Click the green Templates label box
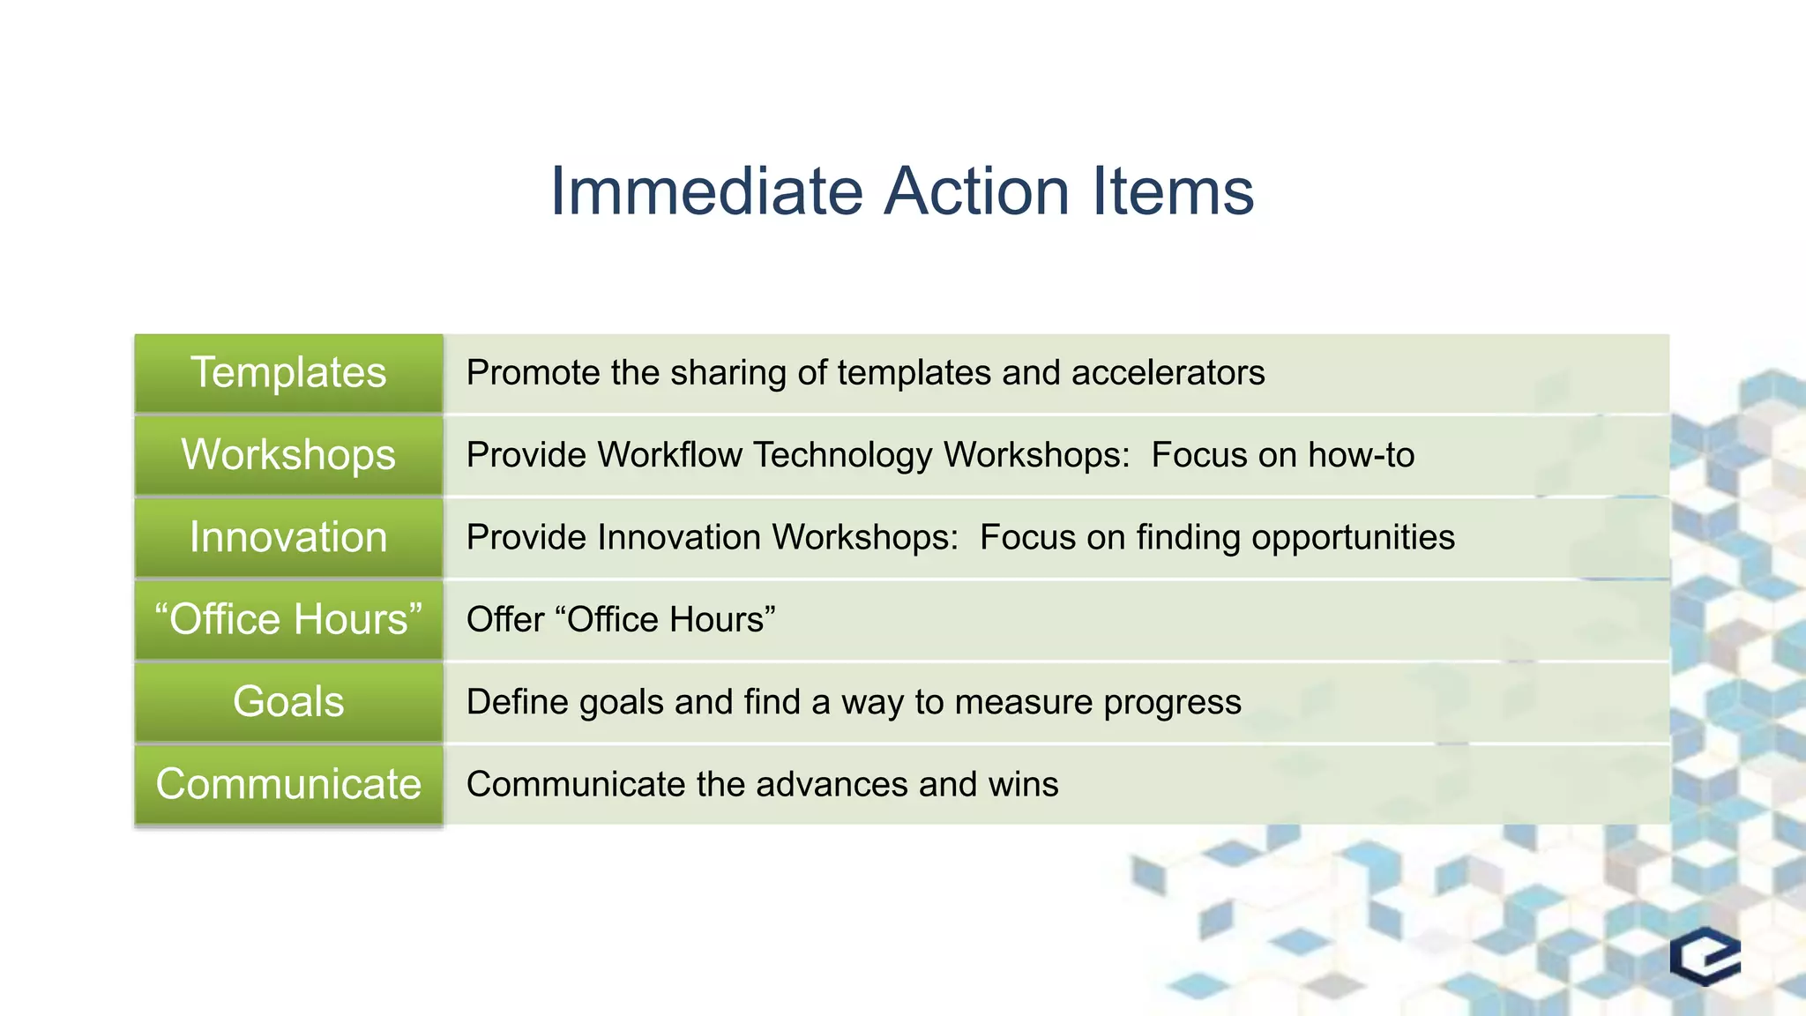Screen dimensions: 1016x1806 (288, 373)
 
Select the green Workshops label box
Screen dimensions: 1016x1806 (288, 455)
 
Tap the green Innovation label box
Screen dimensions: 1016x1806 (288, 537)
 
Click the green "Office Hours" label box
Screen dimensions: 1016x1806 (288, 619)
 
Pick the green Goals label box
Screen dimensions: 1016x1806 (288, 702)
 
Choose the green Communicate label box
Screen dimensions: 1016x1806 (288, 784)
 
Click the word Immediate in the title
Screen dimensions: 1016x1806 (706, 191)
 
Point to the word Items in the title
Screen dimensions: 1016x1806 (1173, 191)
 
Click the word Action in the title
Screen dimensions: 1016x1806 (976, 191)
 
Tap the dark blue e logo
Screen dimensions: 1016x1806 (1705, 956)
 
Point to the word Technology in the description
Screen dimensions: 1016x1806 (842, 456)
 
